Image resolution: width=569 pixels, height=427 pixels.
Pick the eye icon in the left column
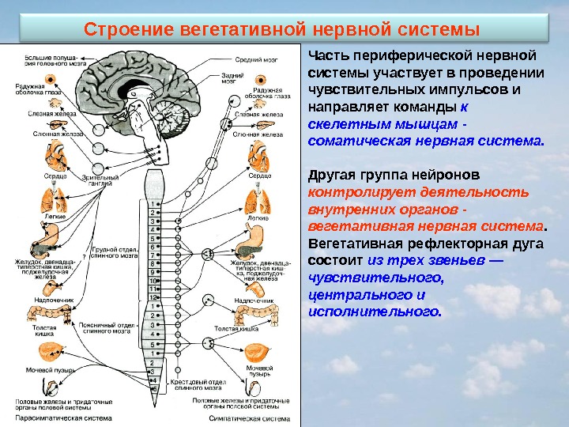tap(49, 80)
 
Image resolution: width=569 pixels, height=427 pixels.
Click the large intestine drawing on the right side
tap(258, 317)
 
